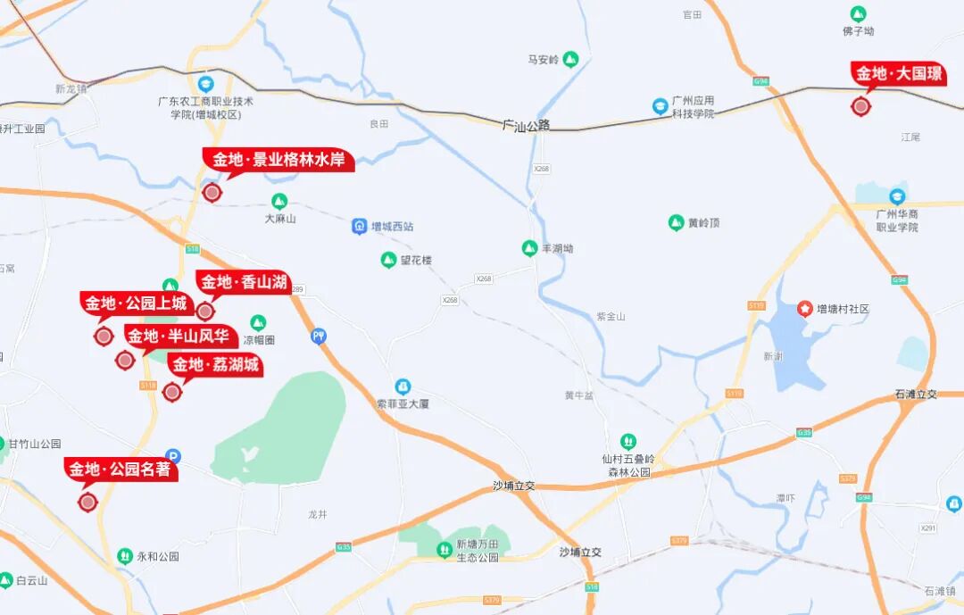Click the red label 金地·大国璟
point(899,74)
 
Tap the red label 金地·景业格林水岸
point(278,160)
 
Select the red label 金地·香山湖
point(244,283)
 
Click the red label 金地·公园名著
point(120,470)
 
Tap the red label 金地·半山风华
point(180,337)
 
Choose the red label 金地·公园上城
point(136,303)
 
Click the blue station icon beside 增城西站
point(359,227)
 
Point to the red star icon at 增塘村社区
point(804,309)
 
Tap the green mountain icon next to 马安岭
point(570,60)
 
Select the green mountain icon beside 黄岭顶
point(676,222)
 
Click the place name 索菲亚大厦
point(403,403)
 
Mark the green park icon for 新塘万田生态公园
point(445,549)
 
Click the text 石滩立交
point(915,394)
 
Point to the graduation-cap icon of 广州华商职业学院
point(897,196)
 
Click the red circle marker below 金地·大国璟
point(860,107)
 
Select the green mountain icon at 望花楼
point(388,260)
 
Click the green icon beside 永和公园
point(125,556)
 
